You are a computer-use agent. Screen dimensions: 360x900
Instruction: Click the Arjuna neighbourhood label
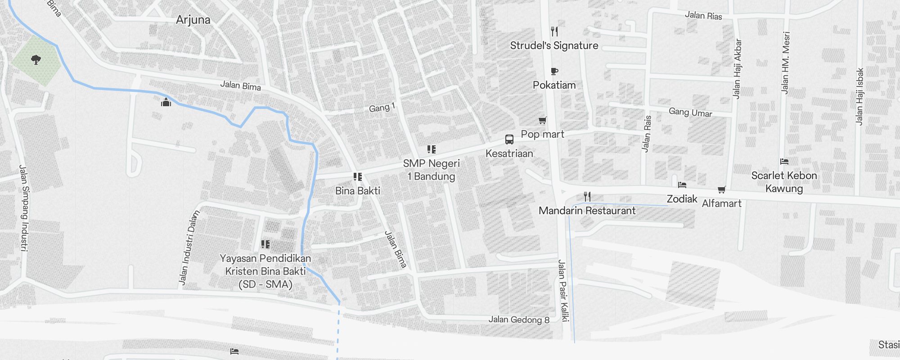[193, 20]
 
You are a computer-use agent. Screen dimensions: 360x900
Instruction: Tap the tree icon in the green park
[36, 59]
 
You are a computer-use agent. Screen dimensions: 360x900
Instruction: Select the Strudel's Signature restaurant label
[554, 45]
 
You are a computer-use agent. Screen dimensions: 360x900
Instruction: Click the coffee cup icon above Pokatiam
[554, 71]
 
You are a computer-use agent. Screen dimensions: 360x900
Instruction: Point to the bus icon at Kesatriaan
[509, 139]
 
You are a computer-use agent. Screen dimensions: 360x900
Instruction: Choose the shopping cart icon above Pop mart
[542, 120]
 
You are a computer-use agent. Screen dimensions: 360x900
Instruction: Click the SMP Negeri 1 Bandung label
[431, 170]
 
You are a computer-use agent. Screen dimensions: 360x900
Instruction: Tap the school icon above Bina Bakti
[358, 177]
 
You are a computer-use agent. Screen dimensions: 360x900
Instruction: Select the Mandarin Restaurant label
[587, 211]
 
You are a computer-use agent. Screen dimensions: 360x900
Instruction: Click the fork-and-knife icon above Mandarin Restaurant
[587, 197]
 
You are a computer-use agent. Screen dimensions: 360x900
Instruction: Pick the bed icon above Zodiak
[682, 185]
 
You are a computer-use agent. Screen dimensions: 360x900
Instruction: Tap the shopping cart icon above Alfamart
[721, 190]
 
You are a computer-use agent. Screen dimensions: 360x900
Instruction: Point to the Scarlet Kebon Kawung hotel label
[784, 182]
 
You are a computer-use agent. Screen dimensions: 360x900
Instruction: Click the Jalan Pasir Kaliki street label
[563, 291]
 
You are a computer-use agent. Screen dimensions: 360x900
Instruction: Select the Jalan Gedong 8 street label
[519, 319]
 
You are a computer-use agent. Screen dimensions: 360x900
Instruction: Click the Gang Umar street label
[690, 112]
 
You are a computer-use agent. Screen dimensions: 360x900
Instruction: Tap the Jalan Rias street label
[703, 16]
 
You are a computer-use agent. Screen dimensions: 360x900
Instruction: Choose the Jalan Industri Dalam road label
[189, 248]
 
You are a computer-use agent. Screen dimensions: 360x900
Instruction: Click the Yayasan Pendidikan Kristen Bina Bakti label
[265, 271]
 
